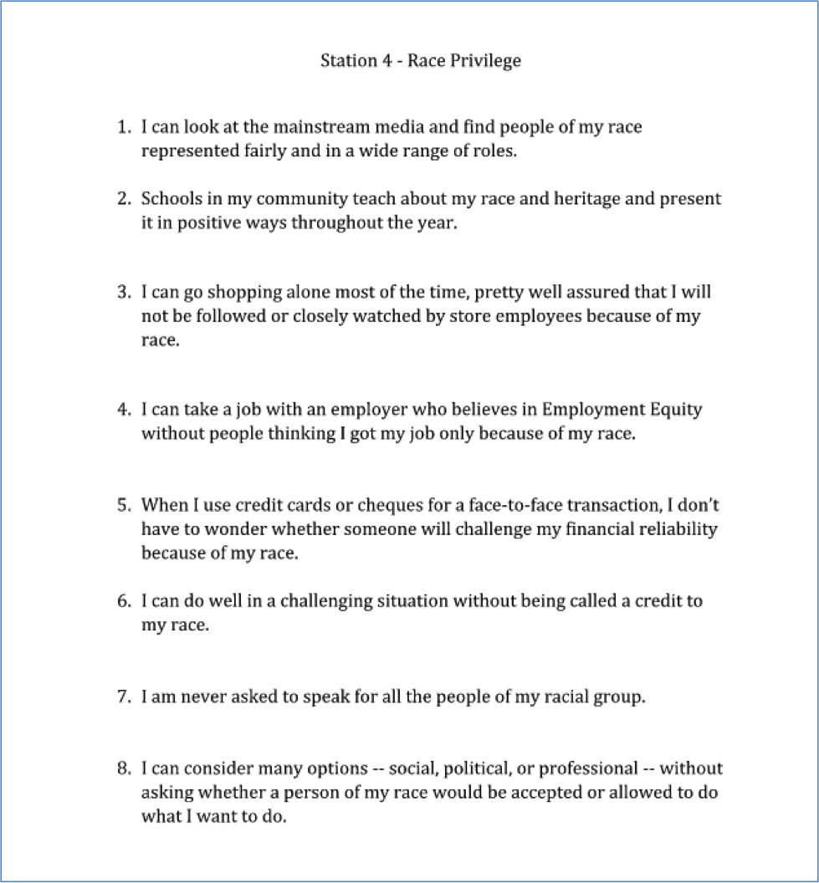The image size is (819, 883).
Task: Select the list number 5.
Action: click(124, 506)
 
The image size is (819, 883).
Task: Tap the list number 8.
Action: click(124, 768)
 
